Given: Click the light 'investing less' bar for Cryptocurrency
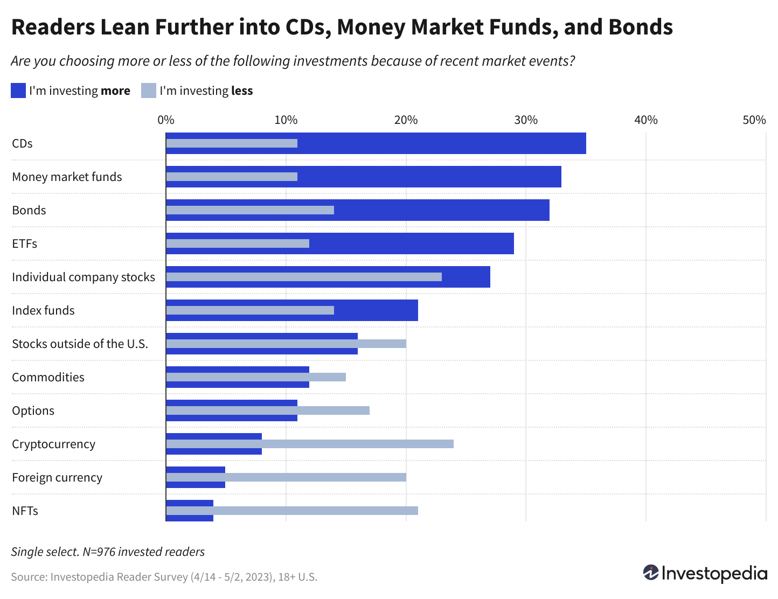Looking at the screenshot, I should pos(310,444).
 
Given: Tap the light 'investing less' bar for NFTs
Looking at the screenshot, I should pos(291,511).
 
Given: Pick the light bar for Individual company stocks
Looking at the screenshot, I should pos(304,277).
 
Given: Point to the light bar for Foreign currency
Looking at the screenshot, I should pos(286,477).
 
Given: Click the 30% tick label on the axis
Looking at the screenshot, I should pos(526,120).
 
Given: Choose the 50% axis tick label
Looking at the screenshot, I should pos(754,120).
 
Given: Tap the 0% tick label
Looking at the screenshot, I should pos(166,120).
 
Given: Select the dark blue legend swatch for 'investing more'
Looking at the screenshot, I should pos(18,90).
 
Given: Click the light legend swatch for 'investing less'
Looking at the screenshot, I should pos(149,90).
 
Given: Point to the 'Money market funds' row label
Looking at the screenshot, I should pos(67,177).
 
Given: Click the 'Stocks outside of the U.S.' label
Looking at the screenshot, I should pos(80,344).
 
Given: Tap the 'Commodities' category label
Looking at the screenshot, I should pos(48,377).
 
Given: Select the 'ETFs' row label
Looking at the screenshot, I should pos(24,243).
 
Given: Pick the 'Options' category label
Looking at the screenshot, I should pos(33,410).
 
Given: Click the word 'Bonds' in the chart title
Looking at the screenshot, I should pos(641,27).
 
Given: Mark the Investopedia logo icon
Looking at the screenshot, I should pos(651,573).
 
